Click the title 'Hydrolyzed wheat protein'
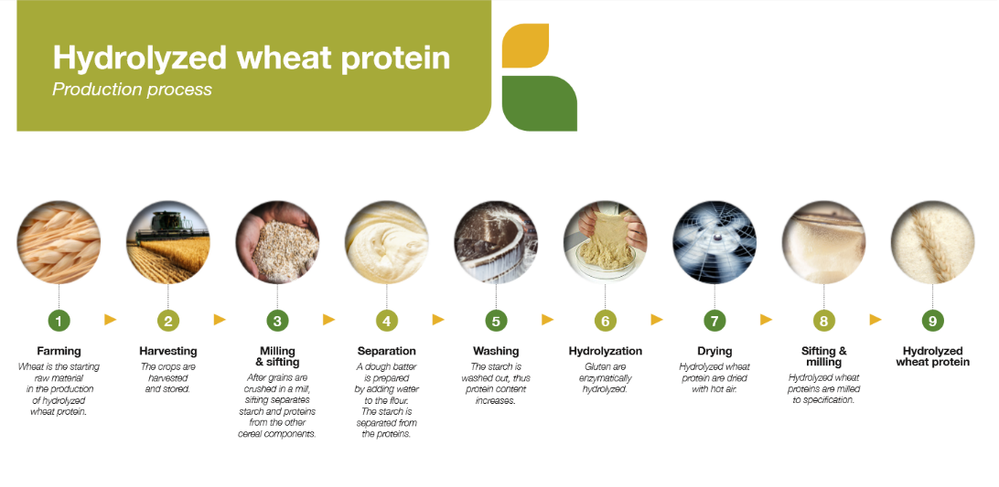click(251, 58)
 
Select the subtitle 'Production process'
click(132, 90)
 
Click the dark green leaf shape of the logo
click(539, 103)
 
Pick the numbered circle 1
click(59, 321)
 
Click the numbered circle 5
click(495, 321)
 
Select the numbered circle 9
click(932, 321)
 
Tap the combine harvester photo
click(167, 242)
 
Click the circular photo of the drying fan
click(714, 242)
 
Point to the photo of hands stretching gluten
click(605, 242)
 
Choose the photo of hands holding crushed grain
click(277, 242)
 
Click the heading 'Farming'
click(59, 351)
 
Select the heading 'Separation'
click(386, 351)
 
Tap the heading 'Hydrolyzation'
click(605, 351)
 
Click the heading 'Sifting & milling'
click(823, 356)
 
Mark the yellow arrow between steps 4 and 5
click(438, 320)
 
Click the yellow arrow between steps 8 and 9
click(875, 320)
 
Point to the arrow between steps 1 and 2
click(111, 320)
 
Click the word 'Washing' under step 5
click(496, 351)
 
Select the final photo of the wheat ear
click(932, 242)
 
